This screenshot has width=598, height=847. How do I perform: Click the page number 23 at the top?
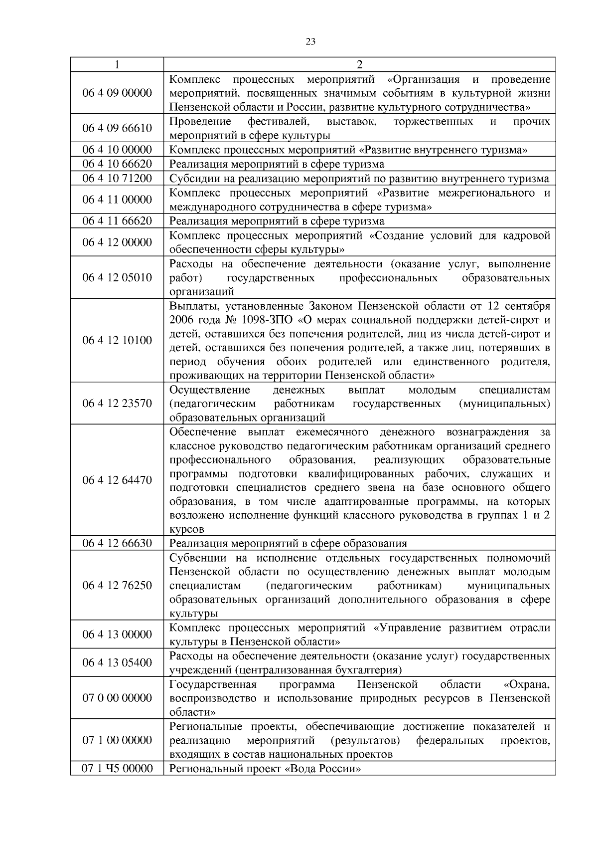click(x=310, y=42)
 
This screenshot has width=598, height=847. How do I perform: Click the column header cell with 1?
click(x=117, y=64)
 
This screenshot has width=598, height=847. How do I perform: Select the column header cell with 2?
click(x=359, y=64)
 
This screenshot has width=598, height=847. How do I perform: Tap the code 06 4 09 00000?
click(x=117, y=93)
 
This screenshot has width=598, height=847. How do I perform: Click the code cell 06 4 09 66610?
click(x=117, y=128)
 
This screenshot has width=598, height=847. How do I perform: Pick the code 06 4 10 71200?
click(x=117, y=178)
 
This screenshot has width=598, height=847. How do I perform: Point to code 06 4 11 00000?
click(x=117, y=200)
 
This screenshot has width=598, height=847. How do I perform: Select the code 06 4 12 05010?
click(x=117, y=277)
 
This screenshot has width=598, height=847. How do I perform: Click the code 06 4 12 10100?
click(x=117, y=340)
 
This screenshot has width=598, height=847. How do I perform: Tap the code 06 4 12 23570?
click(x=117, y=403)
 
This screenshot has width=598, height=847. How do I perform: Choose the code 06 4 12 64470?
click(x=117, y=480)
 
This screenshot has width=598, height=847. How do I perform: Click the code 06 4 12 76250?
click(x=117, y=585)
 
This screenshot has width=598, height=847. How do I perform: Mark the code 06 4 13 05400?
click(x=117, y=662)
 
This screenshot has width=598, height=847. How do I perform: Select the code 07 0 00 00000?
click(x=117, y=697)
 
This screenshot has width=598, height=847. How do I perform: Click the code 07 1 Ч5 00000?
click(x=117, y=768)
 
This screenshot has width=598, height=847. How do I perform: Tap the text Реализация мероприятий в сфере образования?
click(x=288, y=543)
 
